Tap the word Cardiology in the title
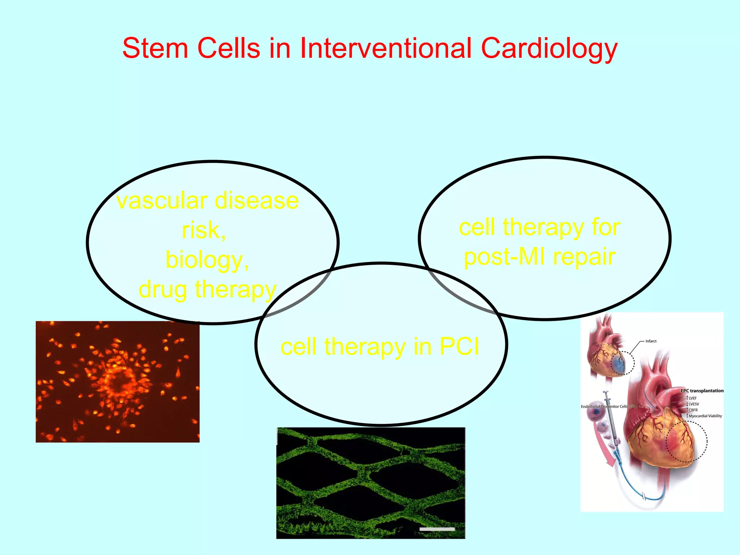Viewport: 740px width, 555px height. point(549,49)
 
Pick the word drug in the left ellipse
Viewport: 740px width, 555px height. point(163,290)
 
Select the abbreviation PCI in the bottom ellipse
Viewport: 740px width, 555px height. point(459,347)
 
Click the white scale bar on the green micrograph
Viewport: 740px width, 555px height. point(437,529)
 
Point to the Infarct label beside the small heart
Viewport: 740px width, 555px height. point(651,341)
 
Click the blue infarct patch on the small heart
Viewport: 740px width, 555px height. point(619,365)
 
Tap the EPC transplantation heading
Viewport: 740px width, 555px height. point(702,391)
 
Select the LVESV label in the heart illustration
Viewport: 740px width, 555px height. point(693,404)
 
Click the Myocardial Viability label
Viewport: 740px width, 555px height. point(705,416)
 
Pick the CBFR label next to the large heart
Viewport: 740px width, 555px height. point(693,410)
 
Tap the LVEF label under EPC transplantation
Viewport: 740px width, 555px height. point(692,398)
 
